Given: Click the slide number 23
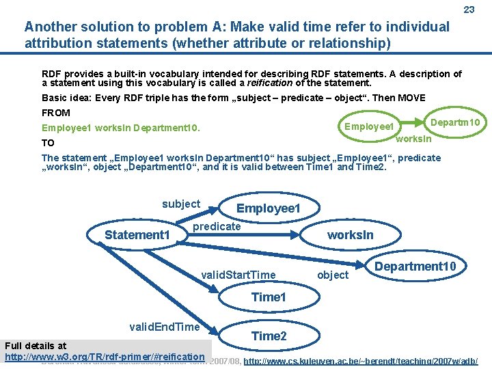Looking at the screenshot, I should coord(469,10).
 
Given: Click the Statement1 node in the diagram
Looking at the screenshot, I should coord(137,235).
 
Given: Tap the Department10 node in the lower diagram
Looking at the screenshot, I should coord(420,266).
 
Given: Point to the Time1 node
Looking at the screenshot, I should coord(269,297).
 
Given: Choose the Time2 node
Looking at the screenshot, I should coord(269,336).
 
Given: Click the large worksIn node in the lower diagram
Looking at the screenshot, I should coord(350,235).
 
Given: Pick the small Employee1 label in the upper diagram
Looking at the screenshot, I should coord(369,126).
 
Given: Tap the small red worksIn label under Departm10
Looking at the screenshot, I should coord(414,139).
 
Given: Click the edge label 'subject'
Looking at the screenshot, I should coord(181,204).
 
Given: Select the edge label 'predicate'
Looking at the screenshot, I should coord(217,226).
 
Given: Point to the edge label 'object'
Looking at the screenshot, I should coord(333,275).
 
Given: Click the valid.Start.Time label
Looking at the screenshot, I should coord(238,275).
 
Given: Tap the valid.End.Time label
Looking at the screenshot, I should coord(164,327).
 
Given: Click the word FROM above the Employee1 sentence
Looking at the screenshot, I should coord(56,112).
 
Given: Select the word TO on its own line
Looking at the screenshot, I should coord(48,143).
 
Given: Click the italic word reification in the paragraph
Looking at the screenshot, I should coord(270,83).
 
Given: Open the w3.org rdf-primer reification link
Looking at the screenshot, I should coord(105,357).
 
